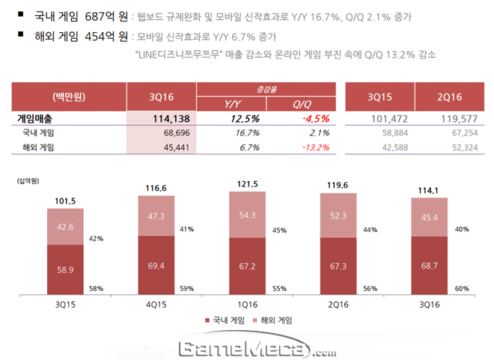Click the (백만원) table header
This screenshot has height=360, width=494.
(x=69, y=97)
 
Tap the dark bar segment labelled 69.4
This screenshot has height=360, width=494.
(x=157, y=266)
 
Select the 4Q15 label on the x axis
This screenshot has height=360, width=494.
(x=157, y=305)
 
